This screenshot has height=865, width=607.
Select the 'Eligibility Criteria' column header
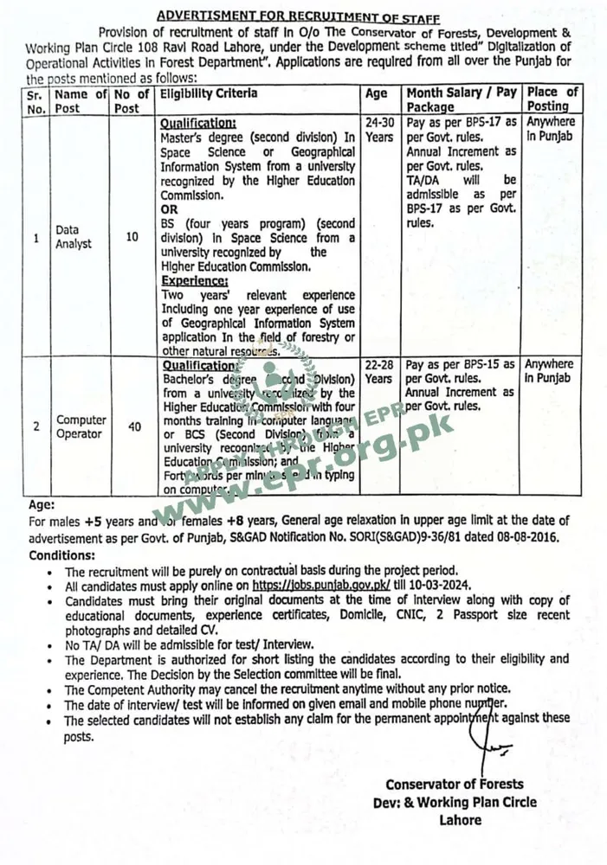coord(208,93)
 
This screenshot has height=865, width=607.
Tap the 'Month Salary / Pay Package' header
coord(461,99)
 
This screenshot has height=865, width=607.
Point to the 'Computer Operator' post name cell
coord(81,426)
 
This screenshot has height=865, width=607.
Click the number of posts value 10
coord(132,236)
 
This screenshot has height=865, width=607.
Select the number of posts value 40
coord(134,426)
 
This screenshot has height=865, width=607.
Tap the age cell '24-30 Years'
coord(378,130)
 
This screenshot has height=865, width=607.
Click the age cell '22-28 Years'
coord(378,372)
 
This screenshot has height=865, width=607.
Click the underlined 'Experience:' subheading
coord(195,281)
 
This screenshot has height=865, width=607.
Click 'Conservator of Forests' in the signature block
coord(454,785)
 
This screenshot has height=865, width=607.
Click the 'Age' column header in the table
coord(378,93)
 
